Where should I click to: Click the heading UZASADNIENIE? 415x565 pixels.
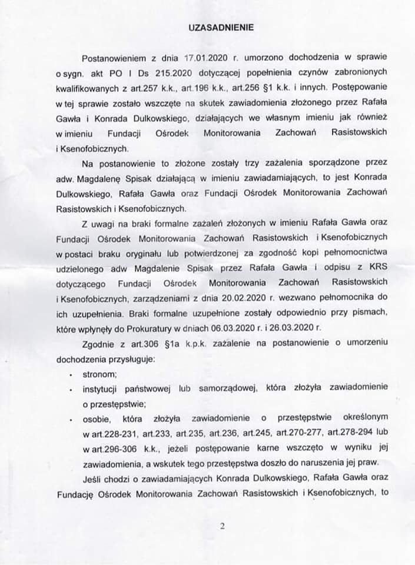213,27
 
